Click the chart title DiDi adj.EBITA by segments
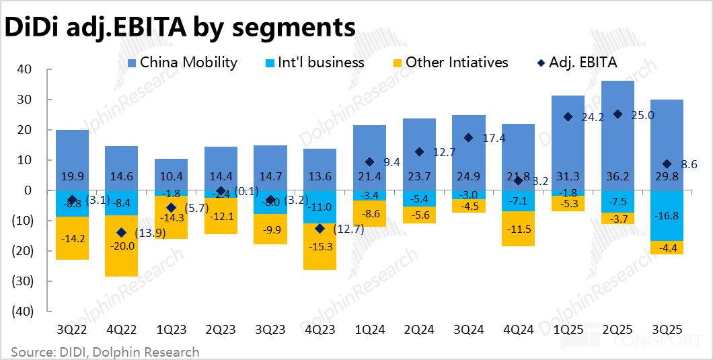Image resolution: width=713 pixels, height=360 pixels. pyautogui.click(x=180, y=28)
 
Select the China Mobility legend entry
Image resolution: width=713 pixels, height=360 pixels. pyautogui.click(x=182, y=63)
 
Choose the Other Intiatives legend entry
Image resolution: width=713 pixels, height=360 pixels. pyautogui.click(x=449, y=63)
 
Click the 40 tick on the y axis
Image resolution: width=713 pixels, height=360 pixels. pyautogui.click(x=25, y=69)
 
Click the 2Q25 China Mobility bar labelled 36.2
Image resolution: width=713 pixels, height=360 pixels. pyautogui.click(x=617, y=135)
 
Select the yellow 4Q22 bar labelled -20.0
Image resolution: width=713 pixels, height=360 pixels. pyautogui.click(x=121, y=246)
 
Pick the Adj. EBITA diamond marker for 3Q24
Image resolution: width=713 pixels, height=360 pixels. pyautogui.click(x=468, y=138)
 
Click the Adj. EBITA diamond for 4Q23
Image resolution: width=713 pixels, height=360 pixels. pyautogui.click(x=320, y=229)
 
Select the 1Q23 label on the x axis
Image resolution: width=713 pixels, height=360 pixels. pyautogui.click(x=171, y=331)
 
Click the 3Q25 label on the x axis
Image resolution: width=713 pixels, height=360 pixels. pyautogui.click(x=667, y=331)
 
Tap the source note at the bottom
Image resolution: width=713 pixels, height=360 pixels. pyautogui.click(x=105, y=352)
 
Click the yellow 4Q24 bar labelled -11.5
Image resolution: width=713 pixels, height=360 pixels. pyautogui.click(x=518, y=229)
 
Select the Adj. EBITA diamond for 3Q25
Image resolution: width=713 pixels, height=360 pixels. pyautogui.click(x=667, y=164)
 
